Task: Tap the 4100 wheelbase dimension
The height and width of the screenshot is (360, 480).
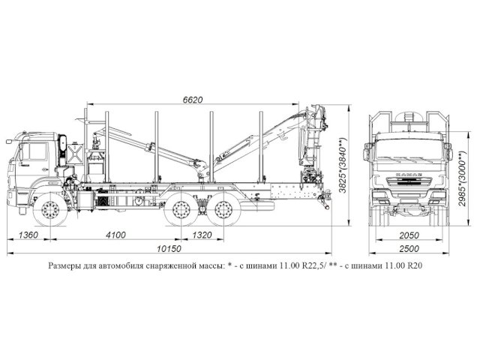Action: [x=115, y=235]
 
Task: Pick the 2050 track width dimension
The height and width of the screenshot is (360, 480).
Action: [x=408, y=235]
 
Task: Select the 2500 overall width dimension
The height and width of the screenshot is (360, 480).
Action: [x=408, y=250]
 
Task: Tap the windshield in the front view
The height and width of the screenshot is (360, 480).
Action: [x=409, y=148]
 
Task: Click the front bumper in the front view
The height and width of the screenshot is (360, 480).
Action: [x=409, y=200]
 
